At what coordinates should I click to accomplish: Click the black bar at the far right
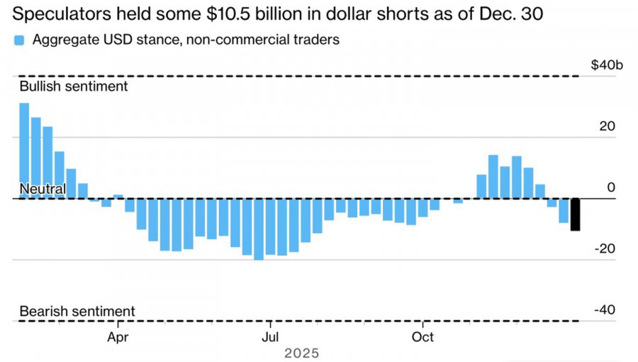(576, 214)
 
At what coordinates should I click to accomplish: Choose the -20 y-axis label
(605, 248)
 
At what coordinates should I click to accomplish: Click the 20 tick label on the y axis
(608, 126)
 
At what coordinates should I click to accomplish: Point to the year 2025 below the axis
(301, 353)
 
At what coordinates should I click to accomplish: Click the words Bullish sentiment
(74, 86)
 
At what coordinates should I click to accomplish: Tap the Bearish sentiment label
(77, 311)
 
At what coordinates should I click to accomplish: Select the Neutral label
(43, 189)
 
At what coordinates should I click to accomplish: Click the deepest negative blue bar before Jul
(258, 229)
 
